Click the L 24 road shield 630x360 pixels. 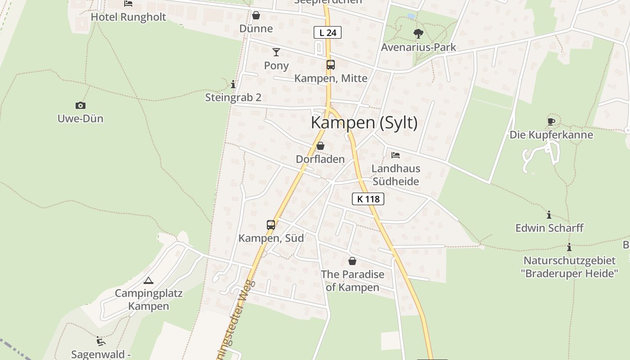(x=328, y=32)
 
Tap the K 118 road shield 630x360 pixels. (x=368, y=199)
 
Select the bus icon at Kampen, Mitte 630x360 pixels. (x=331, y=65)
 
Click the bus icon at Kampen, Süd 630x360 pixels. (x=270, y=225)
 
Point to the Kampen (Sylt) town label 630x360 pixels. (x=364, y=123)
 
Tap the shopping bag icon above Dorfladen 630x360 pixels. (x=320, y=146)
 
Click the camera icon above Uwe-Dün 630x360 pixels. (x=81, y=106)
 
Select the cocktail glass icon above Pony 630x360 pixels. (x=276, y=52)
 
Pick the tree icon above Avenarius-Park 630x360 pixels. (x=418, y=33)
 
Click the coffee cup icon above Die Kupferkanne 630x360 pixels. (x=551, y=121)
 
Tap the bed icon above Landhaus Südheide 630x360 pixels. (x=396, y=155)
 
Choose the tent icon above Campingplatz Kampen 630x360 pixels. (x=148, y=281)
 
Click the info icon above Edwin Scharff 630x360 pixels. (x=549, y=215)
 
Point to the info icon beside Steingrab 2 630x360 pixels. (x=233, y=84)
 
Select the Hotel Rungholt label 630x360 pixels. (x=128, y=17)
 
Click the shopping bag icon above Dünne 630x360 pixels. (x=256, y=16)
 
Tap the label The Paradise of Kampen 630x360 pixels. (x=352, y=281)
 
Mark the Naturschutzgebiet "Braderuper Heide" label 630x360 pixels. (x=569, y=267)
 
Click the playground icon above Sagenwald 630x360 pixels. (x=101, y=341)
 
